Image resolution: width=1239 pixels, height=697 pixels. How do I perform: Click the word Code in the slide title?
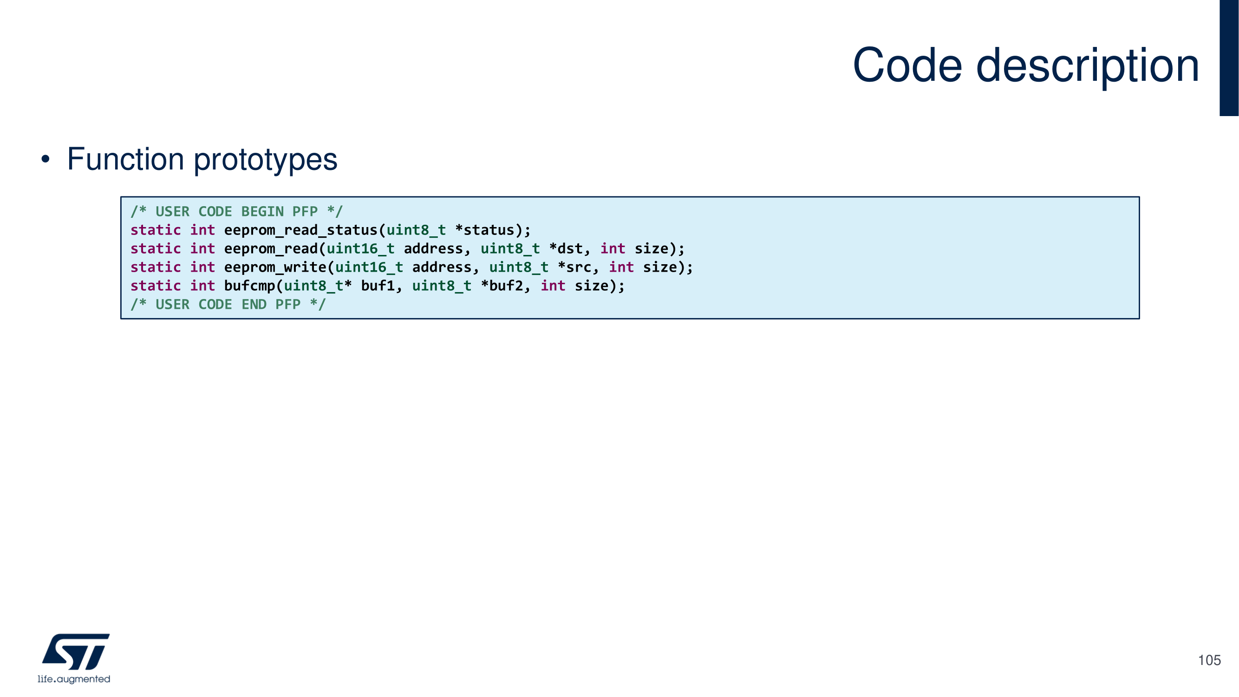907,66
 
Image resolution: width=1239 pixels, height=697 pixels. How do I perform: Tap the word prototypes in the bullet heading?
265,160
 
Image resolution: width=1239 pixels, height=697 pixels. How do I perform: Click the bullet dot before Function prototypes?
45,159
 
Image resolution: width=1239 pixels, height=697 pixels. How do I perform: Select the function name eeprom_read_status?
300,230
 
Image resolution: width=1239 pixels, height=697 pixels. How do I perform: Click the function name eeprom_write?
275,267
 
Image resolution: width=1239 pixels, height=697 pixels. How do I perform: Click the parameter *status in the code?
485,230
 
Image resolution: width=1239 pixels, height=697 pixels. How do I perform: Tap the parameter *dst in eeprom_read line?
566,249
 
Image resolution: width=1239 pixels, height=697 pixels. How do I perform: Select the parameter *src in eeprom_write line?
574,267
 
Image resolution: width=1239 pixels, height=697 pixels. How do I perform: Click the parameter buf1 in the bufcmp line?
378,286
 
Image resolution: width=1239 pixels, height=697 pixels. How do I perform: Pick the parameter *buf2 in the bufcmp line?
502,286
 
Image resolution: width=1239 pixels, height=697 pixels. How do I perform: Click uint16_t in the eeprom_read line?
360,249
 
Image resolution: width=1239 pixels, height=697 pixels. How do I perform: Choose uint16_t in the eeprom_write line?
369,267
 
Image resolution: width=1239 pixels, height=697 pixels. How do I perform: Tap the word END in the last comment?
254,305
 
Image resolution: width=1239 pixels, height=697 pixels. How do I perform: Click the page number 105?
1209,660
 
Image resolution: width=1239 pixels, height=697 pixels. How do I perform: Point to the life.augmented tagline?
74,679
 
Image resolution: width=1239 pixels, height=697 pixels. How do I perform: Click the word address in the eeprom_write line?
442,267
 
